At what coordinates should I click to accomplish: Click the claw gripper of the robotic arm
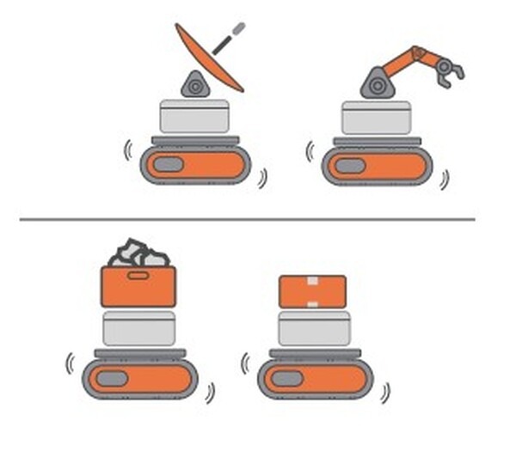coord(449,71)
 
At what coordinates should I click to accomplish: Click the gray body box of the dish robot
coord(194,116)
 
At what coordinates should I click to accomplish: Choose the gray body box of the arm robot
coord(376,117)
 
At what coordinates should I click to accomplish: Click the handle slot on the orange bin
coord(138,276)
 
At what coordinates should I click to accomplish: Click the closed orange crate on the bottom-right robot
coord(313,292)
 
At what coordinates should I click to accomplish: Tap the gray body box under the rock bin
coord(138,328)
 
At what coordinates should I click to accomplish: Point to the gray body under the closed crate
coord(314,328)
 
